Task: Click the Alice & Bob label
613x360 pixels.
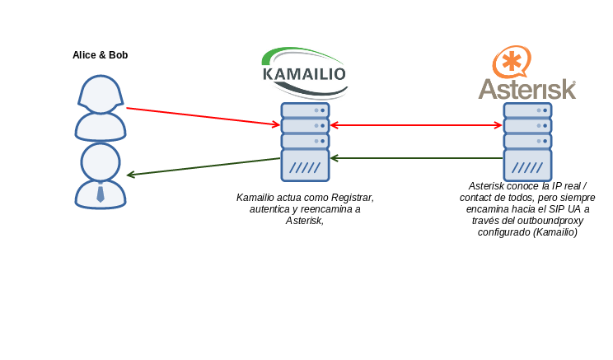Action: (x=100, y=55)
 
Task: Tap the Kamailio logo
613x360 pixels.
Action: (x=305, y=73)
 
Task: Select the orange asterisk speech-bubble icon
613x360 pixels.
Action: (x=512, y=62)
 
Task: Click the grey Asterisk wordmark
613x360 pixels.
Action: (x=527, y=89)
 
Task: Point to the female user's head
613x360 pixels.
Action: (x=101, y=94)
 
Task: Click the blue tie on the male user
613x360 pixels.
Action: (x=101, y=193)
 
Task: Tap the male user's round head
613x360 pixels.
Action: (x=101, y=162)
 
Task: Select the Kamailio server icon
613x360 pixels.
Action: (x=305, y=142)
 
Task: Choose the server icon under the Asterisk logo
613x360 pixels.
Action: (x=527, y=142)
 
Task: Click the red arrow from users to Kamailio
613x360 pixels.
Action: (x=204, y=116)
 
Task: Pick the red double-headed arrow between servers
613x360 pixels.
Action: (x=416, y=125)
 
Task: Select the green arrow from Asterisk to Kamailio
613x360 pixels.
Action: (x=416, y=158)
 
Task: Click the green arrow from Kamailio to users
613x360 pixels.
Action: (x=204, y=167)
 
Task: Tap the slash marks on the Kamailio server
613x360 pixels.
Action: (x=305, y=168)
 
